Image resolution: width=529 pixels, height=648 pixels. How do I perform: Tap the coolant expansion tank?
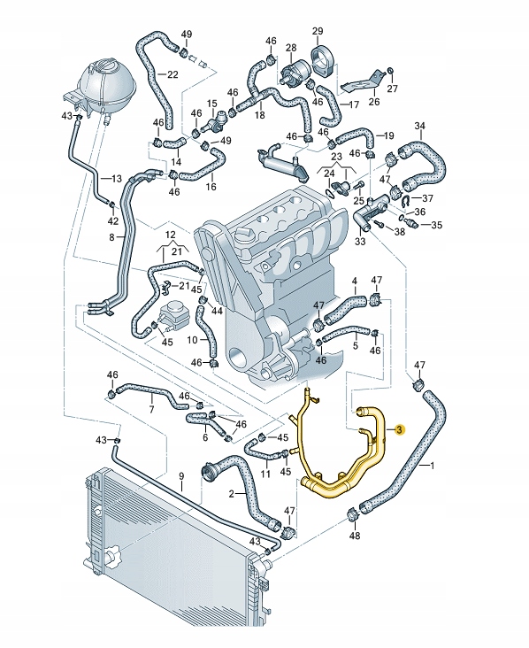point(104,84)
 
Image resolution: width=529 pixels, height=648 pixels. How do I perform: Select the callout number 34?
point(419,126)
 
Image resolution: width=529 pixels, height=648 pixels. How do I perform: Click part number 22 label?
point(173,73)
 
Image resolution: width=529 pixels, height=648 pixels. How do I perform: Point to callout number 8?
point(111,237)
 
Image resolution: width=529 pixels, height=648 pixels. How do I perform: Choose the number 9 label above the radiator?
point(180,477)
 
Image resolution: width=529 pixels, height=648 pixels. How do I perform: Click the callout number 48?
point(355,536)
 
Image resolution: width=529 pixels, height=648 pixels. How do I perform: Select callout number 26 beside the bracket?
point(373,102)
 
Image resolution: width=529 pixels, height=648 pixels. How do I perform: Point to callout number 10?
point(192,339)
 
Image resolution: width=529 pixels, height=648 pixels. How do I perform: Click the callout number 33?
point(360,240)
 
